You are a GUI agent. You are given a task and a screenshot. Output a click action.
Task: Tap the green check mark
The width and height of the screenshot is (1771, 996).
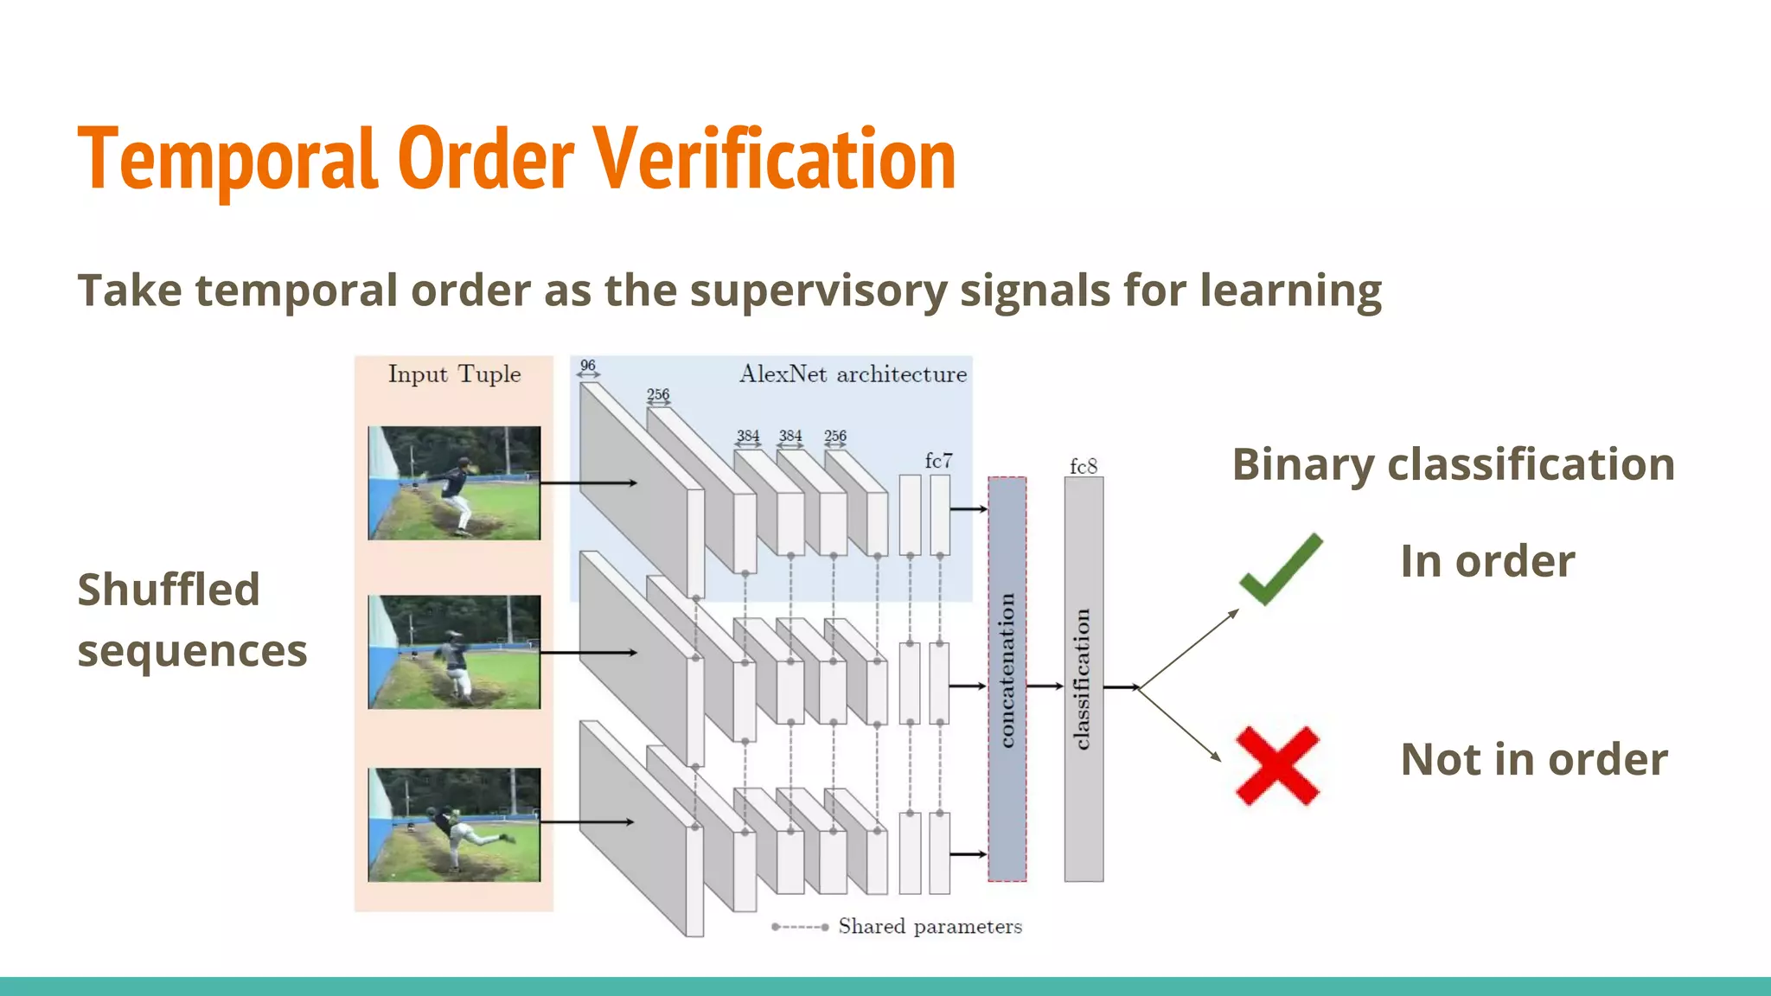1281,570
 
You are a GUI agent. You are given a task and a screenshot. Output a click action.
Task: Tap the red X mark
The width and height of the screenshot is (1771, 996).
1277,766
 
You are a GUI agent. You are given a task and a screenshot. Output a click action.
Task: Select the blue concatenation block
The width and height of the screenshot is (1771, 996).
1007,679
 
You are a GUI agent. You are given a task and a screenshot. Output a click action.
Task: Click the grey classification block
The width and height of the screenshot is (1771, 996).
1084,679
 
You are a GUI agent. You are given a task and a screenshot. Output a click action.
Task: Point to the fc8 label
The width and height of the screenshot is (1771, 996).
1084,466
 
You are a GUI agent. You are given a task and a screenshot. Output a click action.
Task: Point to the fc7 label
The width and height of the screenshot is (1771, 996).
938,460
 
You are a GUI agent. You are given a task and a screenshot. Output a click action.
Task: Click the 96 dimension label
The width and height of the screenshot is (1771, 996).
588,366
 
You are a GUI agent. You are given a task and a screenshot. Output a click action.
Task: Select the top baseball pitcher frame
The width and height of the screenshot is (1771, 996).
454,482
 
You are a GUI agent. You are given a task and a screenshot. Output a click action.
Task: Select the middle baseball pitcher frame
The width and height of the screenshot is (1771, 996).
454,652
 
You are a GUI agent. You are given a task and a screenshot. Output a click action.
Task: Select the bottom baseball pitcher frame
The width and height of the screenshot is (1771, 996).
454,825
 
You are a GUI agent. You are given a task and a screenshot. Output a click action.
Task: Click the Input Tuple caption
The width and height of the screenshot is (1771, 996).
454,374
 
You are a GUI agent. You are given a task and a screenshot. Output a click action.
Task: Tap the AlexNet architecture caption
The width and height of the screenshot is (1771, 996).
853,374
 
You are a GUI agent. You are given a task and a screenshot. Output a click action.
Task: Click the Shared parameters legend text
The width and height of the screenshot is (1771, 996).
930,927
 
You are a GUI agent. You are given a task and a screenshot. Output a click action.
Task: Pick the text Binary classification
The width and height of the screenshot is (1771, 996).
1454,464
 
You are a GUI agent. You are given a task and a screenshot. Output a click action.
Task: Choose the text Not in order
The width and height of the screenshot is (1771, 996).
1534,759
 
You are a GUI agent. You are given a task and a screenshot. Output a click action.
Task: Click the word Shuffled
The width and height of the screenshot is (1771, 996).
169,590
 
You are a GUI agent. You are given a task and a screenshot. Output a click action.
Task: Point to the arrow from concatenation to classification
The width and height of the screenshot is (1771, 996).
1045,686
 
